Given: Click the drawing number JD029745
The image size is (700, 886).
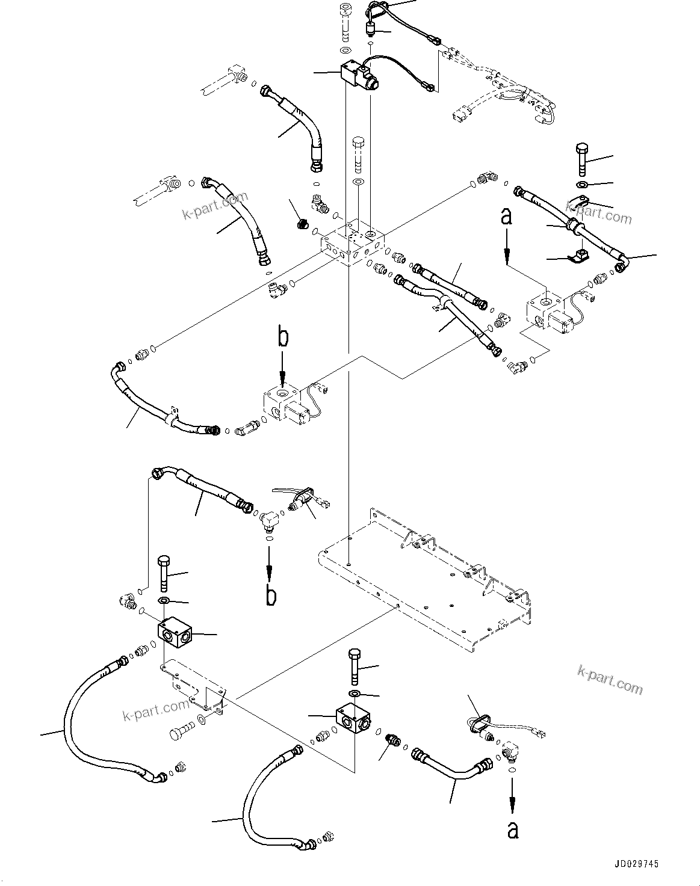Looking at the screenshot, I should tap(636, 864).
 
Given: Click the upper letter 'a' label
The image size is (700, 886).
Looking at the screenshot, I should tap(507, 217).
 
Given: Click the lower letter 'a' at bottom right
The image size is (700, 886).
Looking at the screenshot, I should tap(512, 830).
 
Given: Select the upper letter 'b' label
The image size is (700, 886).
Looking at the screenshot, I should tap(283, 337).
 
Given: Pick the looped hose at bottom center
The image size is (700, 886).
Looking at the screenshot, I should tap(259, 794).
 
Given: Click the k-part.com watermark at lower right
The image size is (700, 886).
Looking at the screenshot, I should tap(609, 679).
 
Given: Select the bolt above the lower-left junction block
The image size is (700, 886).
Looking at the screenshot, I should tap(164, 574).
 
